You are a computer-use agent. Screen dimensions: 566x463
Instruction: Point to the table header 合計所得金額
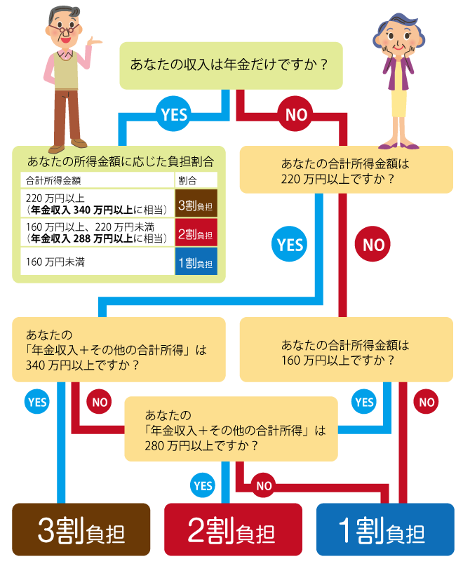pyautogui.click(x=53, y=180)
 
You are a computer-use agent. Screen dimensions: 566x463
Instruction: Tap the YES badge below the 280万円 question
pyautogui.click(x=203, y=485)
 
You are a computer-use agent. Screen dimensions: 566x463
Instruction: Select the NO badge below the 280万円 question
pyautogui.click(x=264, y=485)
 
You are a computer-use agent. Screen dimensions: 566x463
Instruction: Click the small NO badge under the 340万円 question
pyautogui.click(x=100, y=402)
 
